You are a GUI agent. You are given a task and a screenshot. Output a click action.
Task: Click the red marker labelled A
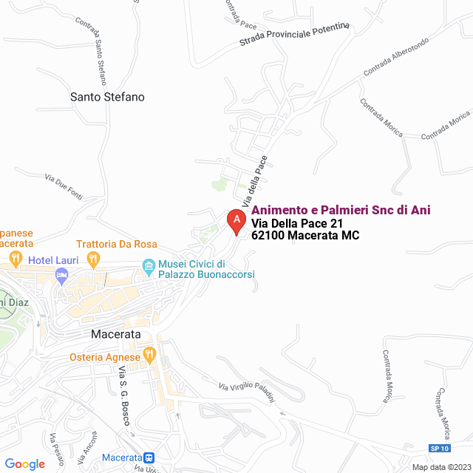pos(236,220)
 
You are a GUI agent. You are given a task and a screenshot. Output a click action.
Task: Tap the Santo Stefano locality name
pos(107,97)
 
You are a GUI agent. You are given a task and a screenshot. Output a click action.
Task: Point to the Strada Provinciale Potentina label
pos(294,36)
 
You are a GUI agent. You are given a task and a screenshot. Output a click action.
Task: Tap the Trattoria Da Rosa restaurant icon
pos(93,259)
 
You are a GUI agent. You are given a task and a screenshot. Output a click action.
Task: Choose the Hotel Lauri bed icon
pos(62,276)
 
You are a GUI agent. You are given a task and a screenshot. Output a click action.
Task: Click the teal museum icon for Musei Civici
pos(149,265)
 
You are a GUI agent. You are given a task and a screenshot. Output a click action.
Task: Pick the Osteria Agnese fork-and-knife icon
pos(149,355)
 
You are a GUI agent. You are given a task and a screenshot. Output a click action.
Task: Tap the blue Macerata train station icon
pos(149,458)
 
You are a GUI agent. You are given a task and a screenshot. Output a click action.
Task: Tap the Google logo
pos(25,463)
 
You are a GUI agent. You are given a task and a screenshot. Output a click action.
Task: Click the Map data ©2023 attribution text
pos(440,466)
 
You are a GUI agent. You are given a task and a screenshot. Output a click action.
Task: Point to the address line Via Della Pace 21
pos(297,224)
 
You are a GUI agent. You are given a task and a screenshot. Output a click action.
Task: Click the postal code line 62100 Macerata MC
pos(305,236)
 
